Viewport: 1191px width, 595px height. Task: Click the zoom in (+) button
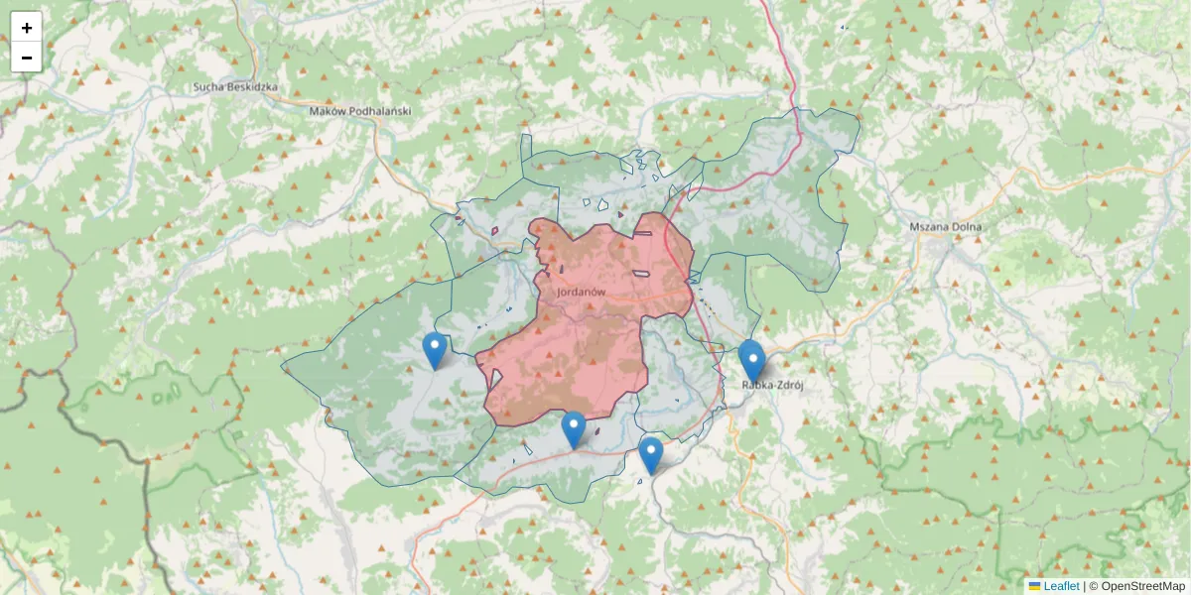point(27,28)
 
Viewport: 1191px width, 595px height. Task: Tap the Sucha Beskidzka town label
point(236,87)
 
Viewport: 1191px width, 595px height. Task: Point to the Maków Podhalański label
point(360,112)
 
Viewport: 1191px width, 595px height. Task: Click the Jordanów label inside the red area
point(582,293)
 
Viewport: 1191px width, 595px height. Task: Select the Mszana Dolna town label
point(945,227)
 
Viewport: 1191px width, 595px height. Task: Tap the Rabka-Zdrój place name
point(773,385)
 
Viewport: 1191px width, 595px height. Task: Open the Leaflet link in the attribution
point(1061,586)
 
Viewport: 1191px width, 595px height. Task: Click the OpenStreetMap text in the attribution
point(1142,586)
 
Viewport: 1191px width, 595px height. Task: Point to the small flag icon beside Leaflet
point(1035,586)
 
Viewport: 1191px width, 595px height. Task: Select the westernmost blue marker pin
point(434,350)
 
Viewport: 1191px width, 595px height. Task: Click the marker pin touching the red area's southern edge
point(574,429)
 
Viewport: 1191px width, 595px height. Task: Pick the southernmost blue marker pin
point(651,455)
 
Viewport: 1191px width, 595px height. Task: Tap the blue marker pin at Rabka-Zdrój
point(752,360)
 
